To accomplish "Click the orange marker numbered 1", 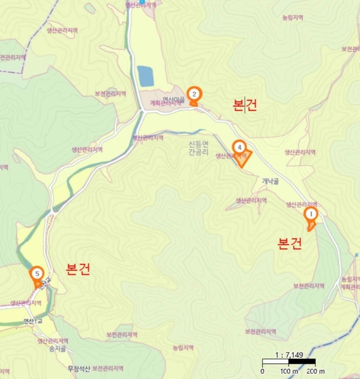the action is coord(310,214).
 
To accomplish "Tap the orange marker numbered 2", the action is coord(195,94).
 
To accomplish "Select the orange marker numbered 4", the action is coord(238,147).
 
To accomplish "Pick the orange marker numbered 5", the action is coord(37,274).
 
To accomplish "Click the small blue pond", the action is coord(145,76).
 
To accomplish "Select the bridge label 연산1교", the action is coord(33,321).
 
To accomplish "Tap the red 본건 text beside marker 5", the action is coord(78,269).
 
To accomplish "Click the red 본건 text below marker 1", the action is coord(291,243).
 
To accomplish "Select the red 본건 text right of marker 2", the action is coord(245,105).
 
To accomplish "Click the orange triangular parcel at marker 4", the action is coord(243,158).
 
